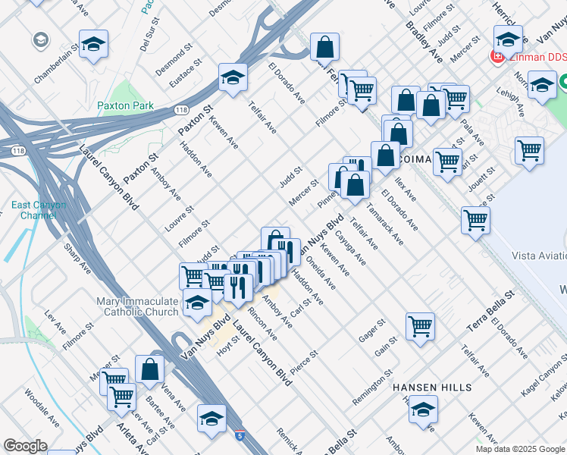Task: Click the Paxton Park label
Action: (125, 106)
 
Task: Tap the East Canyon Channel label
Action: (39, 210)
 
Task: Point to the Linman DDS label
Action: (537, 57)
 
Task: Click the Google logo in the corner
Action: (26, 446)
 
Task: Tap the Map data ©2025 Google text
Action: (520, 449)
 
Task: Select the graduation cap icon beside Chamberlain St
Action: (93, 45)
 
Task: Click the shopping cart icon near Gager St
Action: (420, 327)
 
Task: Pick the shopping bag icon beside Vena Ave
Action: (150, 370)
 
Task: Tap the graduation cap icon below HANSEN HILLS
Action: (423, 412)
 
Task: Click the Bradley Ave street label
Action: (424, 42)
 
